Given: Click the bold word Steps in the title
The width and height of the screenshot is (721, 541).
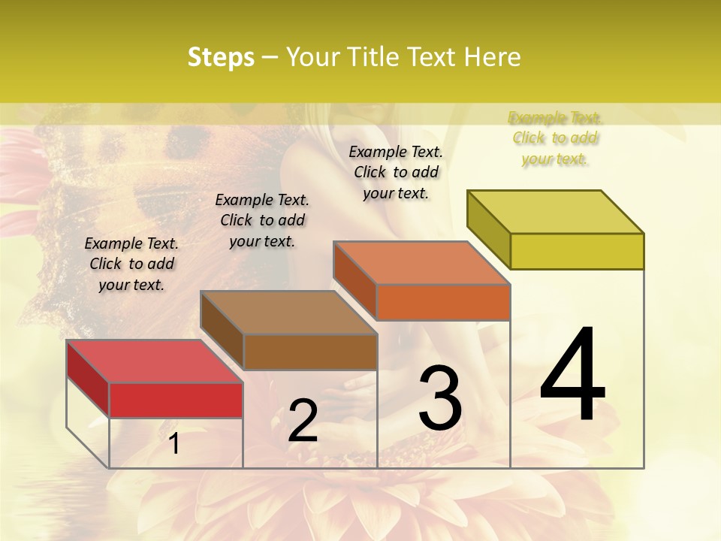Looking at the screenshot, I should (x=221, y=57).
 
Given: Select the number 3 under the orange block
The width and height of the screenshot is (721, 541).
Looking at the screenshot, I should (x=439, y=397).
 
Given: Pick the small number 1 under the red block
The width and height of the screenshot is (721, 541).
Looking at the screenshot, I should (x=174, y=444).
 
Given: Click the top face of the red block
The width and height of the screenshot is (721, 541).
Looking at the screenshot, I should (x=154, y=361).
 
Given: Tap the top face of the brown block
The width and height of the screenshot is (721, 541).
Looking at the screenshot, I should (x=288, y=313).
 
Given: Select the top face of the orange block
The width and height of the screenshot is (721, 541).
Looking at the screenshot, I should (x=421, y=263).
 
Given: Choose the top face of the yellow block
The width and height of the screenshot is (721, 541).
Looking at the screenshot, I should (x=555, y=212).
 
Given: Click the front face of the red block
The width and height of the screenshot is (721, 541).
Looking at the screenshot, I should (x=176, y=400).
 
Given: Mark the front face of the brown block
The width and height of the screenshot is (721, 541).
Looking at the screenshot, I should (x=310, y=352).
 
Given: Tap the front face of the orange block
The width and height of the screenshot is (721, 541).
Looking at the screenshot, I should (x=443, y=302).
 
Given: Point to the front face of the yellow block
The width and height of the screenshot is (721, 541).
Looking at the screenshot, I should (x=577, y=251).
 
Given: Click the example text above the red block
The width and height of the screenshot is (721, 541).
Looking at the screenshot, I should (x=131, y=264).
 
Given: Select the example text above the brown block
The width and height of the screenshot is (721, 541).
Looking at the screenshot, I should (x=262, y=220).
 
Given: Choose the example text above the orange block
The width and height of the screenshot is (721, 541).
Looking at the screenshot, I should (x=396, y=172).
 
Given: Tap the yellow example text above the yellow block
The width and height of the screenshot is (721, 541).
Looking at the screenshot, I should (x=555, y=138).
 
